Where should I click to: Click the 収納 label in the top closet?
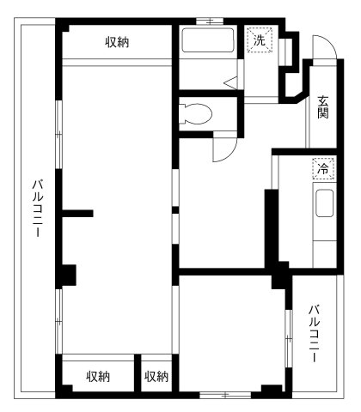(x=118, y=41)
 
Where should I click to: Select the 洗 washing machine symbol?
(x=258, y=39)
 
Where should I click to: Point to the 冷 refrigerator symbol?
(x=323, y=169)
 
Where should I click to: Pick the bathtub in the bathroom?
(x=206, y=43)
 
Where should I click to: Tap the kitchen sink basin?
(x=326, y=206)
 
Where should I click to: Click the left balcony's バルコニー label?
(x=37, y=210)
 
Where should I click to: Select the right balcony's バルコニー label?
(x=315, y=332)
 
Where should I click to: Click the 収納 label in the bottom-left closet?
(x=98, y=376)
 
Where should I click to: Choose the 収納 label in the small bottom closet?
(x=156, y=376)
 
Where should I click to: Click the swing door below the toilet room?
(x=223, y=148)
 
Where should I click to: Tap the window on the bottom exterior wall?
(x=225, y=395)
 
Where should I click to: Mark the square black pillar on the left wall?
(x=66, y=276)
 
